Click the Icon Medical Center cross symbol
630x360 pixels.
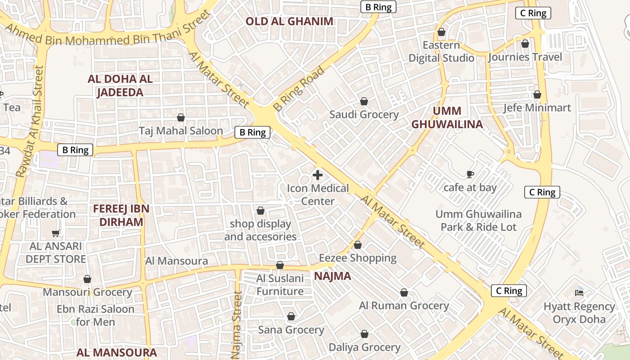point(318,175)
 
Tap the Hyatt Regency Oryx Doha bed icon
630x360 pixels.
point(579,293)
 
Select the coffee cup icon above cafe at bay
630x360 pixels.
point(470,174)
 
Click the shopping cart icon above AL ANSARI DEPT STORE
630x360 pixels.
point(56,233)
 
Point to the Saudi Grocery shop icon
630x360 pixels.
point(364,102)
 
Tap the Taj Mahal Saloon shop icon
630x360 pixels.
point(181,117)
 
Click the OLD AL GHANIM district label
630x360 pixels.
point(290,21)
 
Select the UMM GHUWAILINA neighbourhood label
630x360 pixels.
point(447,117)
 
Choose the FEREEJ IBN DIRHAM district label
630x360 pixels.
point(121,215)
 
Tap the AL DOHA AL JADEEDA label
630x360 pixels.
point(120,85)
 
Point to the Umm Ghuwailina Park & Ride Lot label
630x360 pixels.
point(478,220)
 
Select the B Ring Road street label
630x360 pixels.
point(299,89)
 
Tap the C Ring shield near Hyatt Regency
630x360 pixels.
point(509,291)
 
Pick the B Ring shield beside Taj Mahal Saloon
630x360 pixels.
point(252,132)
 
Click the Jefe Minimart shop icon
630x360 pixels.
point(537,95)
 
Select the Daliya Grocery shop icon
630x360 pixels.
point(364,334)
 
